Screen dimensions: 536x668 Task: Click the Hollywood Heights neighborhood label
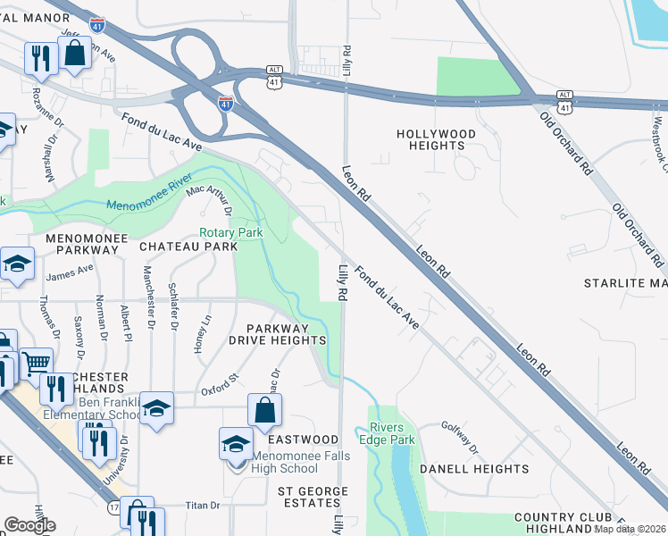coord(437,140)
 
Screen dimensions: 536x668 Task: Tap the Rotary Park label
coord(230,232)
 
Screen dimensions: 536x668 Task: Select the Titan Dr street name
coord(202,506)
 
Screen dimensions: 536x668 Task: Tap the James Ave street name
coord(70,272)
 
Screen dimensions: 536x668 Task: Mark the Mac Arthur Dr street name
coord(207,200)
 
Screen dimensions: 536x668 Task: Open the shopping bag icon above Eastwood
coord(265,412)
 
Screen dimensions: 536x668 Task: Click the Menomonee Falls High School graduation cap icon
coord(236,444)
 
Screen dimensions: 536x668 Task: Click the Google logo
coord(29,525)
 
